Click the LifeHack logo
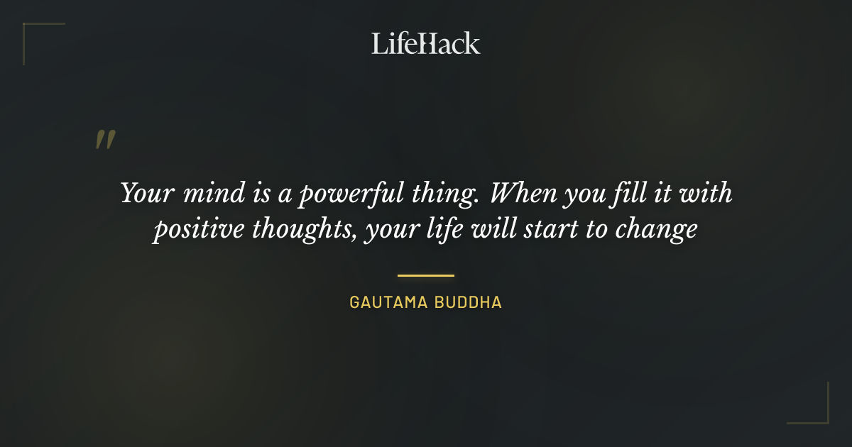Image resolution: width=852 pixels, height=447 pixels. (x=426, y=43)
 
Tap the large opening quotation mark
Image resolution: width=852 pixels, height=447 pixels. (x=105, y=140)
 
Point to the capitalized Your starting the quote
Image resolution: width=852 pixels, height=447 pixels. (x=141, y=193)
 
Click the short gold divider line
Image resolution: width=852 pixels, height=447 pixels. (x=426, y=275)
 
